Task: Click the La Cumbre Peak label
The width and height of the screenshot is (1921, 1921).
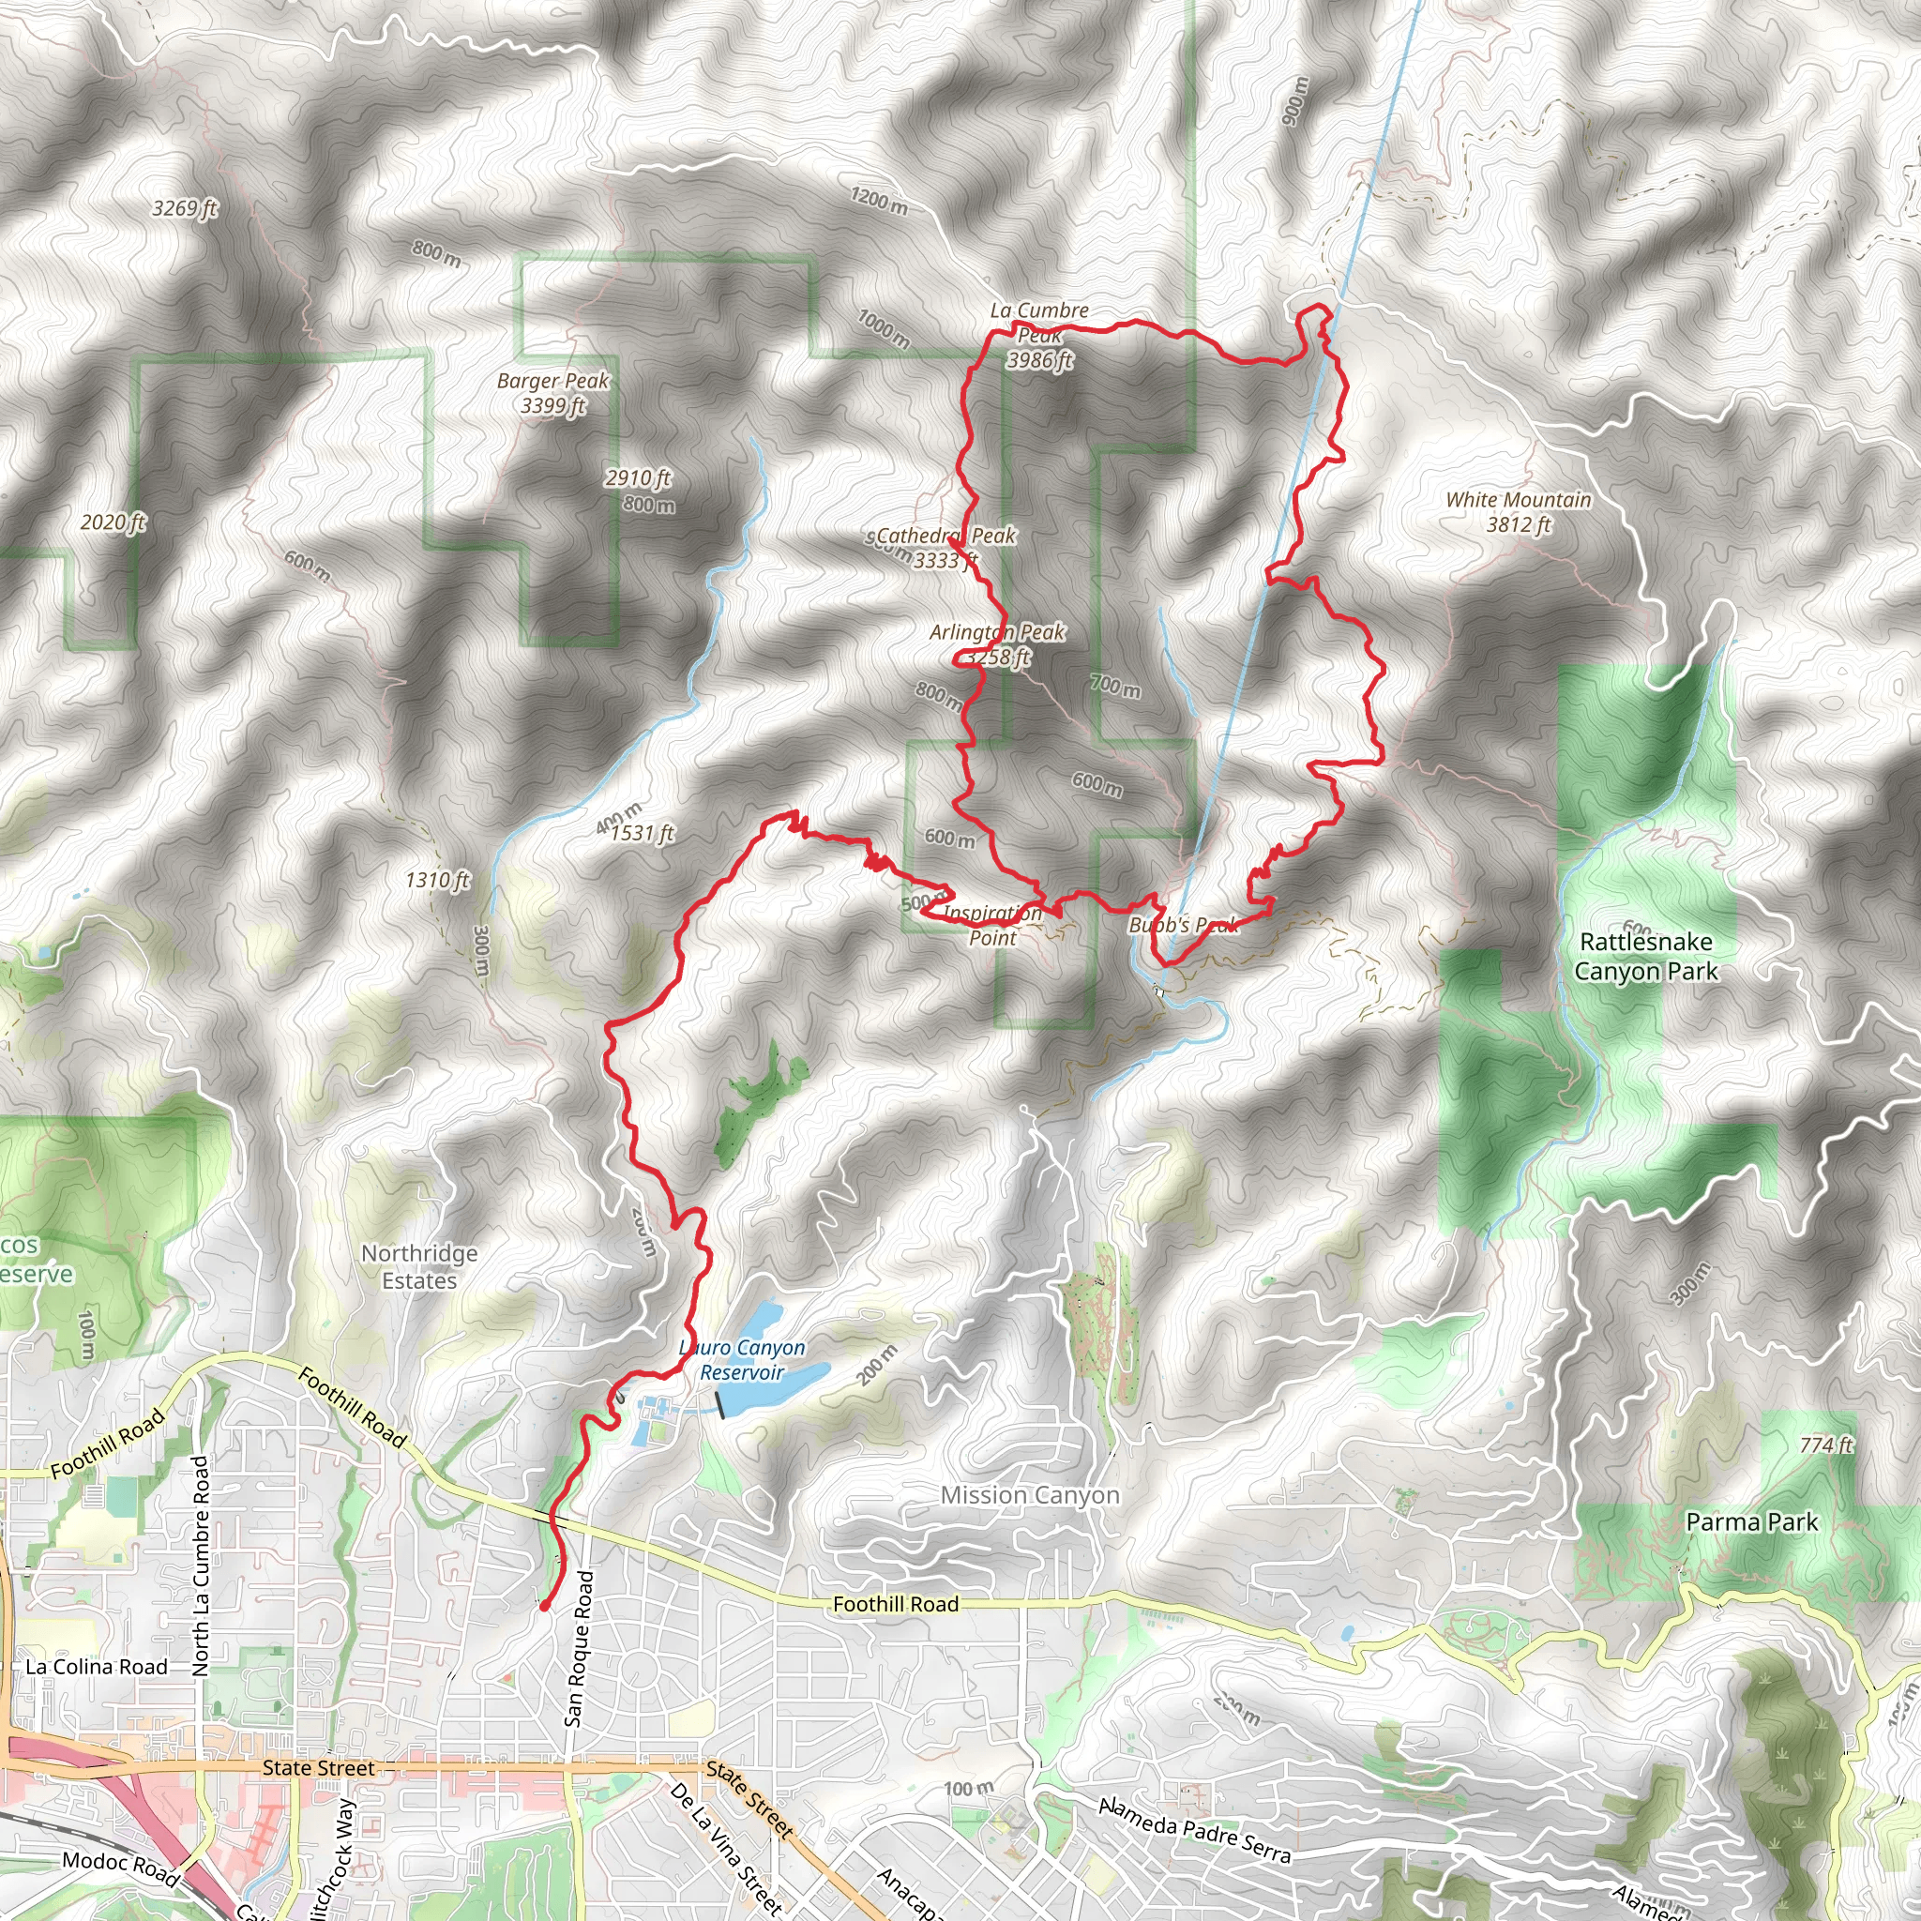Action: (x=1039, y=335)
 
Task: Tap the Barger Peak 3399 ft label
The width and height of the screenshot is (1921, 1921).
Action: (x=552, y=393)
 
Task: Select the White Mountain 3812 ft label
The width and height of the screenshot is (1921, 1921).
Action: (x=1519, y=511)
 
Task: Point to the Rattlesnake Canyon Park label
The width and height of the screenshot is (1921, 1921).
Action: (x=1645, y=956)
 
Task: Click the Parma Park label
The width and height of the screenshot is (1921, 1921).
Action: (x=1752, y=1521)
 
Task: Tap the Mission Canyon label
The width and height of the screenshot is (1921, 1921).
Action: (x=1030, y=1494)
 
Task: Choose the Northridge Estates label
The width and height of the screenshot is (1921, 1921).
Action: (x=419, y=1266)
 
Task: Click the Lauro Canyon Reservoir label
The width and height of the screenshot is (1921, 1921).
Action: (x=743, y=1360)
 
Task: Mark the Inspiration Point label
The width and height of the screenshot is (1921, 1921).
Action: (x=992, y=925)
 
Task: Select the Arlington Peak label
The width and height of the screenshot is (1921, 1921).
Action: (x=997, y=643)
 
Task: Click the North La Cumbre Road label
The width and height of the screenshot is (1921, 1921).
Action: (x=202, y=1566)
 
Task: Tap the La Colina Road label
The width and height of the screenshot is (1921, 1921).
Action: (x=97, y=1667)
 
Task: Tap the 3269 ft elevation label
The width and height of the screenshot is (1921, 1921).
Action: (x=185, y=208)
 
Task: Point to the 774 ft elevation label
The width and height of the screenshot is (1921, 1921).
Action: (x=1825, y=1444)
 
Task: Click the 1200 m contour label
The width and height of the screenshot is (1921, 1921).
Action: (x=879, y=200)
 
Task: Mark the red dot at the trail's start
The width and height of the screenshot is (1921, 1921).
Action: (x=544, y=1606)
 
